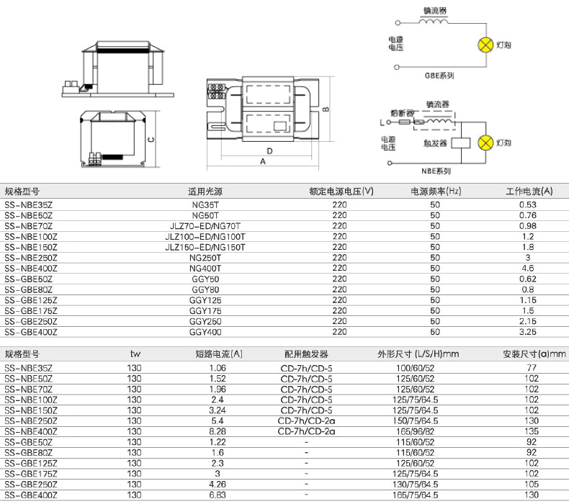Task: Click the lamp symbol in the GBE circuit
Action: (x=485, y=45)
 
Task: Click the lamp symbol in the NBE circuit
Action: (x=485, y=143)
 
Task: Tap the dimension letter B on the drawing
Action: (x=326, y=109)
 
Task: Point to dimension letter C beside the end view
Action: (x=151, y=140)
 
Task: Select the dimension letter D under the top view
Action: (x=269, y=151)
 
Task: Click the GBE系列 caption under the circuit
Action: (x=439, y=76)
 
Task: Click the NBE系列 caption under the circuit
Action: (x=436, y=171)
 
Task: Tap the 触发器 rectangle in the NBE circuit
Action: (x=461, y=143)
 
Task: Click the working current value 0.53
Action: (x=528, y=204)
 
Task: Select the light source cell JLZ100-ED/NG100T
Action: (x=205, y=237)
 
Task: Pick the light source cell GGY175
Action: (x=205, y=311)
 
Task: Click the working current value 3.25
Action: (x=528, y=332)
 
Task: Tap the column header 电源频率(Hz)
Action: (x=436, y=192)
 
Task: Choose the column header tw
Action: (x=135, y=354)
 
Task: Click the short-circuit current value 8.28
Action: (x=218, y=431)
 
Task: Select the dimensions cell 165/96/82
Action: (x=415, y=431)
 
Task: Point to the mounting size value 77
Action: (x=532, y=368)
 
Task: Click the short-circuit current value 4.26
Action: (x=218, y=485)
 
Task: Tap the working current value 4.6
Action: (x=528, y=268)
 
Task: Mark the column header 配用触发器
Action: (x=306, y=354)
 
